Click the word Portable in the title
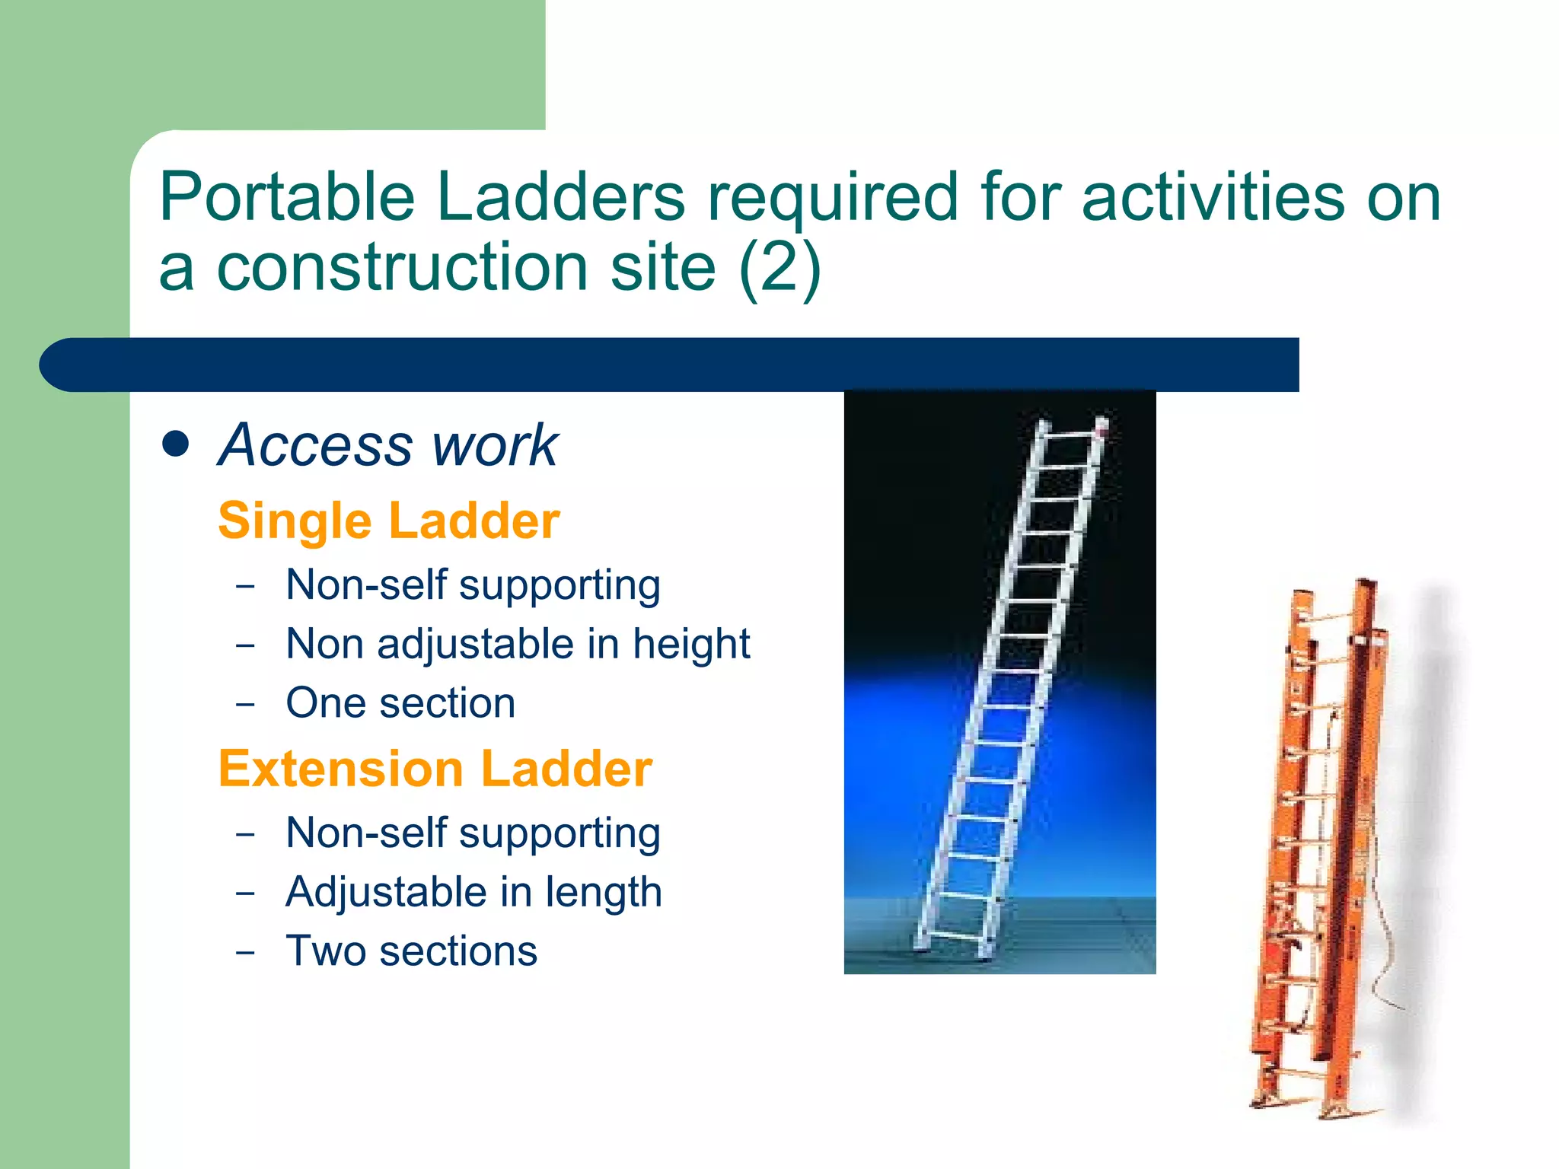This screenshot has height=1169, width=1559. (286, 198)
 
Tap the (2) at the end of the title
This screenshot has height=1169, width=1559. (779, 268)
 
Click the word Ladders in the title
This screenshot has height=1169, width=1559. (560, 198)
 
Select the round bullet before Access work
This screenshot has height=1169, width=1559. (176, 444)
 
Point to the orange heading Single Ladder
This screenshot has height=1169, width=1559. (388, 521)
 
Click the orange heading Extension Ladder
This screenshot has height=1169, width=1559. (435, 769)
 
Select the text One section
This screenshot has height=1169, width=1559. (400, 703)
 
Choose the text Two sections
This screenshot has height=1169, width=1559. (411, 951)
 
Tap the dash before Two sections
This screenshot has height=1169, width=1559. (245, 952)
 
